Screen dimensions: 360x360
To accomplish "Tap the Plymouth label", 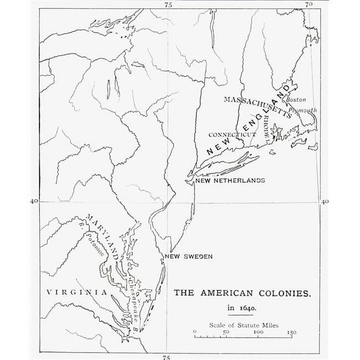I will point(302,110).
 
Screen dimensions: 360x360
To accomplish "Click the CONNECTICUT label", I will point(232,135).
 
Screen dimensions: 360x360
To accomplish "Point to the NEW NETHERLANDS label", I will point(230,181).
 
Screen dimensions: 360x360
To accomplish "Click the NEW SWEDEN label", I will point(189,257).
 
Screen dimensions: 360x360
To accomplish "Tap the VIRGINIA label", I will point(77,292).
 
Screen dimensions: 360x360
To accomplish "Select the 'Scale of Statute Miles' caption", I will point(244,325).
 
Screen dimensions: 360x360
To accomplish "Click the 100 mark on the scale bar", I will point(258,332).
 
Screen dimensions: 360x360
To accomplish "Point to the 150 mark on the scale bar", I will point(290,332).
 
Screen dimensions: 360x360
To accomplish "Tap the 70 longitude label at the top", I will point(309,4).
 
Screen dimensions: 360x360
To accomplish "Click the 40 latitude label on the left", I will point(34,201).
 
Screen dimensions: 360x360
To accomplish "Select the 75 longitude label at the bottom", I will point(166,358).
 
